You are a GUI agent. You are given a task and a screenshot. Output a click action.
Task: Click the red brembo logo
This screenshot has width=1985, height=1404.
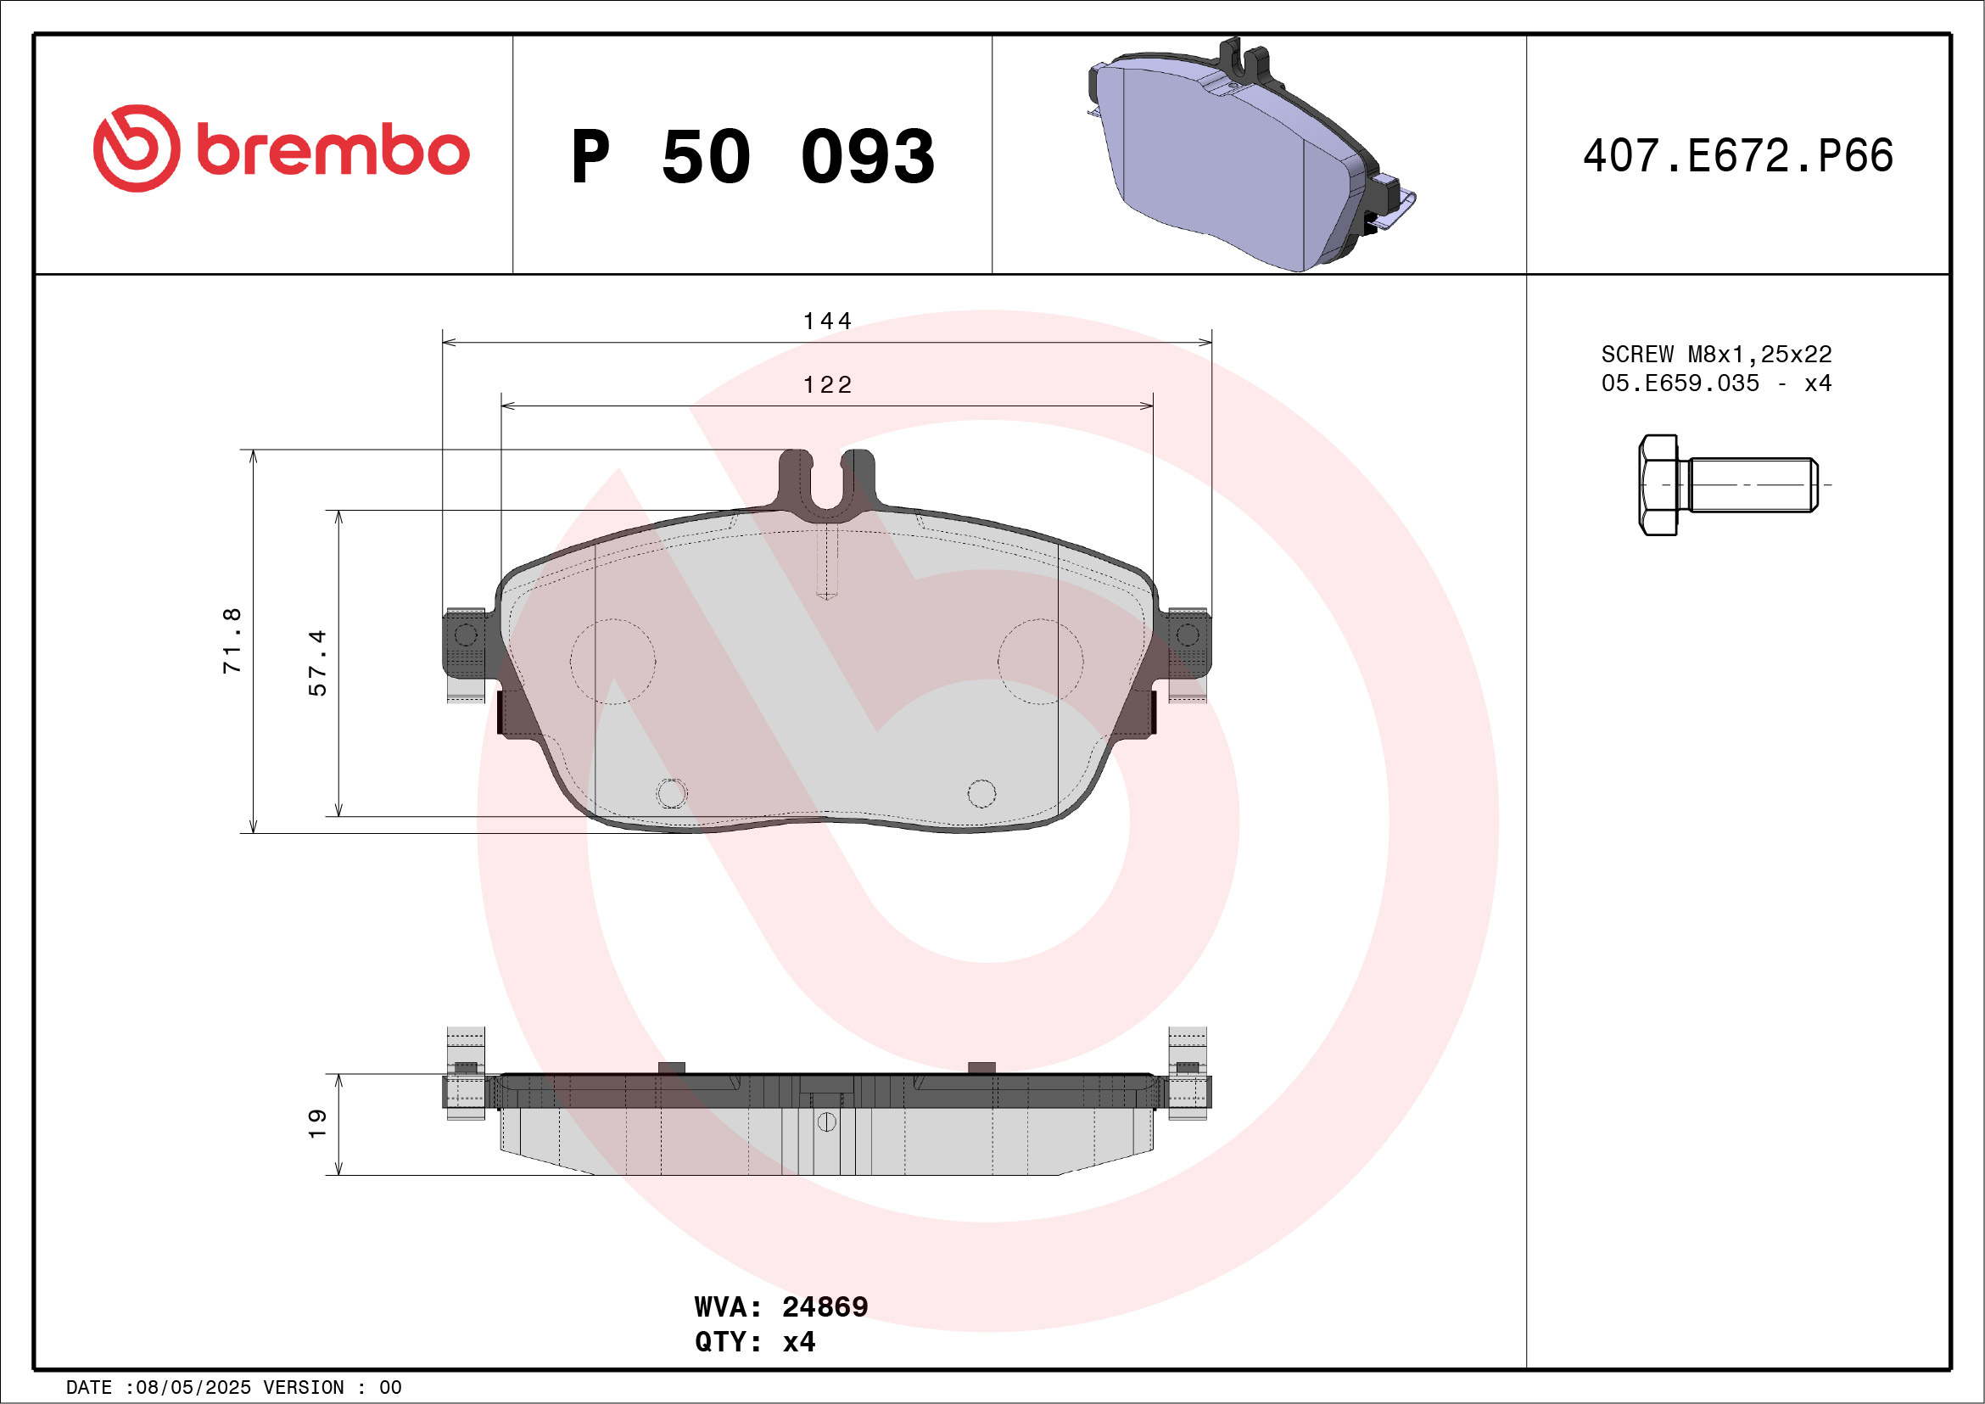coord(281,148)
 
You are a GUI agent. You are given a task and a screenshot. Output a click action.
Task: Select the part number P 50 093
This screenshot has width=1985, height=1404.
coord(753,156)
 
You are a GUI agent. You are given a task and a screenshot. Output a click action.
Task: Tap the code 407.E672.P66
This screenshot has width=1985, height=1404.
coord(1738,155)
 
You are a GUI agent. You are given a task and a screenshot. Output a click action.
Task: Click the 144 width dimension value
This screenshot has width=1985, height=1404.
coord(827,321)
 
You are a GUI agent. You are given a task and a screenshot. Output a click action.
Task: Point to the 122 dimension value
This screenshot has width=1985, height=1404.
coord(827,384)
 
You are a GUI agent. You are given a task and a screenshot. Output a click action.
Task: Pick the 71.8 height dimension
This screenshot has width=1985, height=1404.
coord(232,640)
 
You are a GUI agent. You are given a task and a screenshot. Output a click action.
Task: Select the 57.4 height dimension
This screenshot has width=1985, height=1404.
coord(317,663)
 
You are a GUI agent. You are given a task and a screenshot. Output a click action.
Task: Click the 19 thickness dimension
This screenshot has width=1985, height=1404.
coord(317,1123)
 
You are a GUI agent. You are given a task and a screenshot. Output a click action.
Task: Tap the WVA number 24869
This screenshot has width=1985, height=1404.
coord(825,1306)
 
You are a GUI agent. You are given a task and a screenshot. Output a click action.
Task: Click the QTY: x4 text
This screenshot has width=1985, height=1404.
coord(755,1342)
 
